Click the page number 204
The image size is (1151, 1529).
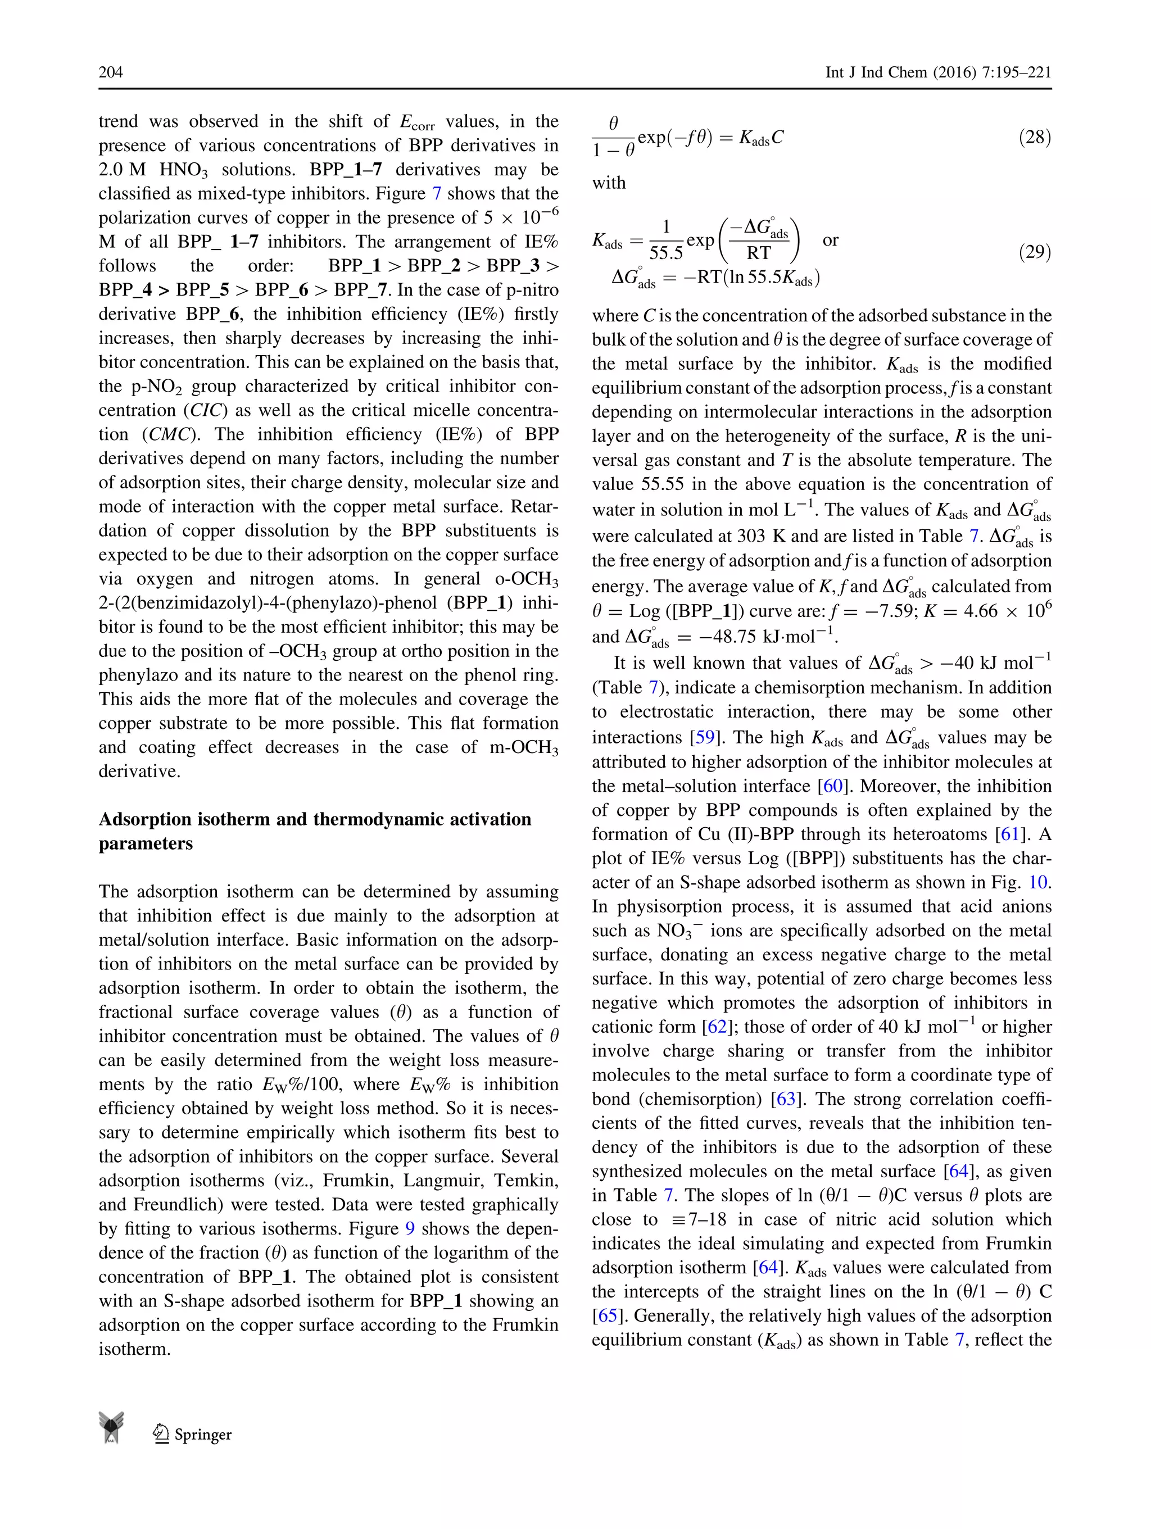(x=111, y=72)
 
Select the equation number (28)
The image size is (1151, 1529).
(x=1034, y=137)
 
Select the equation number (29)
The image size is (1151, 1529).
(x=1034, y=252)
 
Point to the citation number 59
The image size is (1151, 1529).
(x=704, y=738)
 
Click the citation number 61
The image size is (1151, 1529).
(x=1010, y=834)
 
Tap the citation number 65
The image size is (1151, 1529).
(x=607, y=1315)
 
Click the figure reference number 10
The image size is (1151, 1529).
(x=1037, y=883)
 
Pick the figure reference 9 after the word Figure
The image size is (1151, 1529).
(x=410, y=1229)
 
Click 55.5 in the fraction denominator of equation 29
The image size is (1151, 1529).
(x=666, y=253)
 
